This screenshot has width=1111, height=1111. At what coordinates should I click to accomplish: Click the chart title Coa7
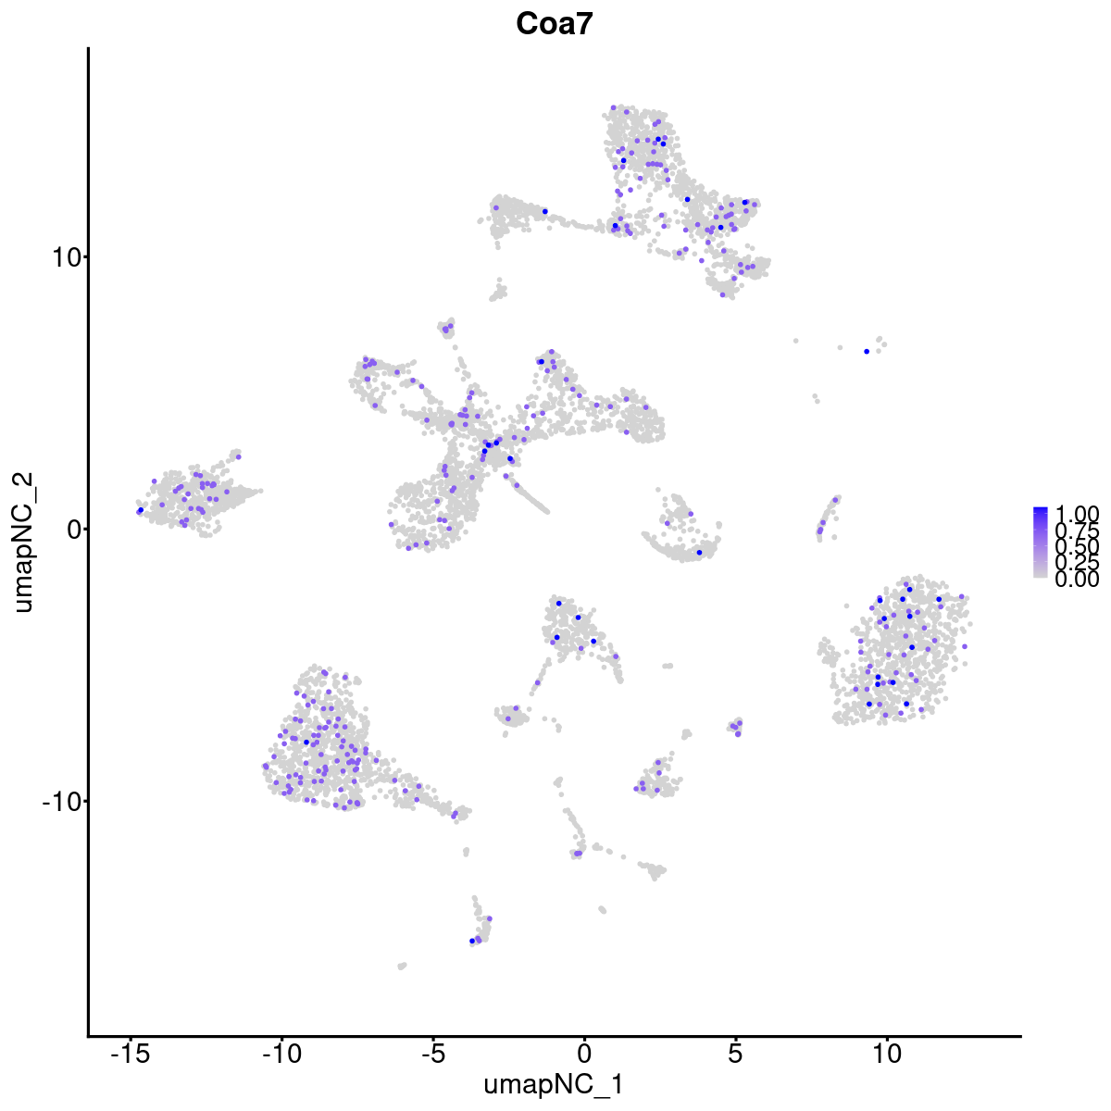[555, 25]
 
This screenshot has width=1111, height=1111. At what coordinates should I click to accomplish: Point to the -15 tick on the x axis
[130, 1055]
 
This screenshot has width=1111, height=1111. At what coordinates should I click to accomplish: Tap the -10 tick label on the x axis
[281, 1055]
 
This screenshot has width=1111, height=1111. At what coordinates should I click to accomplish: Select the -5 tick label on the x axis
[432, 1055]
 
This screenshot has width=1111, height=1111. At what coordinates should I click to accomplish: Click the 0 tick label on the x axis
[584, 1055]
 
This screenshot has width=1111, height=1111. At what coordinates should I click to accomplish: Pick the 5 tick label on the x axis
[736, 1055]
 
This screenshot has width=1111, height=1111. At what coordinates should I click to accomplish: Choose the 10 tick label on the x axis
[887, 1055]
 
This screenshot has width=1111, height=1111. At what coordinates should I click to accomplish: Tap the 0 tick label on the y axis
[70, 529]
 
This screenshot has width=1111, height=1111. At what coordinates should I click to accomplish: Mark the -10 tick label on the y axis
[58, 801]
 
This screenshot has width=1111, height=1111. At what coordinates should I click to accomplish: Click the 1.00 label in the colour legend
[1077, 514]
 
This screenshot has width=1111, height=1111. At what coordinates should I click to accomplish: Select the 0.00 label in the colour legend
[1077, 580]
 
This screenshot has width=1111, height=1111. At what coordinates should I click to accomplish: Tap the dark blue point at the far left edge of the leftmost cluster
[140, 510]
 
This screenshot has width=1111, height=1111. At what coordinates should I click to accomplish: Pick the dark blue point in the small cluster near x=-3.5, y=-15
[472, 941]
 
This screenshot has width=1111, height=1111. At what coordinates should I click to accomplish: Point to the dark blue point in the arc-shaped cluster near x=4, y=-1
[699, 553]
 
